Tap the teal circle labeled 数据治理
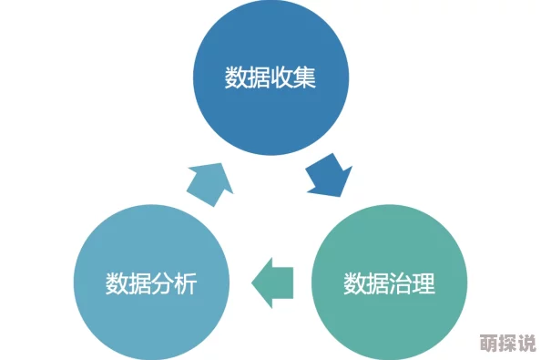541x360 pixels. (x=389, y=283)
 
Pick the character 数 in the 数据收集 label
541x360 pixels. (x=236, y=77)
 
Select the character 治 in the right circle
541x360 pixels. (x=401, y=283)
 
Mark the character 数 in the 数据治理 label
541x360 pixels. (x=355, y=283)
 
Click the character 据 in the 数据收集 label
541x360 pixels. (x=259, y=77)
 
